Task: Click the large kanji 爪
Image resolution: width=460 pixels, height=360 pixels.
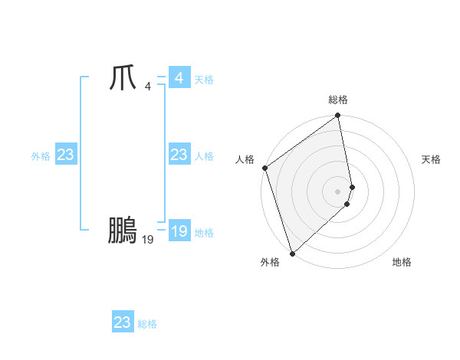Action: pos(122,78)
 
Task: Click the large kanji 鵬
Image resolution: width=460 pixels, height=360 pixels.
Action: pos(122,230)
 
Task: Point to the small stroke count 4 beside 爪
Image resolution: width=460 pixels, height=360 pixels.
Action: pos(147,87)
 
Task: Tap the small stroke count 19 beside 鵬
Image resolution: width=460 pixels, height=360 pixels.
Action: pos(147,240)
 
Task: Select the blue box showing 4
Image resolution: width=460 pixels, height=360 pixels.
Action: pos(179,78)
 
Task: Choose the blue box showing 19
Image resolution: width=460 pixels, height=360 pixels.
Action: pos(179,231)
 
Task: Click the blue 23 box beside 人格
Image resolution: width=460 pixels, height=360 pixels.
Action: pos(179,155)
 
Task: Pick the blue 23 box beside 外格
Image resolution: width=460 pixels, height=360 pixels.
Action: pos(65,155)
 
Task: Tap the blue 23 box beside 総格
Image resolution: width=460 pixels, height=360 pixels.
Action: pos(122,322)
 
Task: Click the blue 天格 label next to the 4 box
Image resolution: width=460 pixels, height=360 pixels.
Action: pos(204,80)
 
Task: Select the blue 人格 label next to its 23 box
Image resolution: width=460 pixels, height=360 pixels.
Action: pos(204,156)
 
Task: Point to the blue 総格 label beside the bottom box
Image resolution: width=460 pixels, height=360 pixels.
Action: pos(147,324)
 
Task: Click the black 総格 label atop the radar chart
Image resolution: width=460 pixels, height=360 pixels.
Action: pos(338,100)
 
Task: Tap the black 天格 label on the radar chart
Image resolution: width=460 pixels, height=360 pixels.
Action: pos(432,159)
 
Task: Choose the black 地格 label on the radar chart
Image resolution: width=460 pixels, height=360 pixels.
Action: pos(402,262)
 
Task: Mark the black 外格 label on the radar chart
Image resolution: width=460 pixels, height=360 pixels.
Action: pos(270,262)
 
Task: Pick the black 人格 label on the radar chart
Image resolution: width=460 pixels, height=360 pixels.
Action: pos(245,159)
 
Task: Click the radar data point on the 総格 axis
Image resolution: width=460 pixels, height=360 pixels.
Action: pos(338,116)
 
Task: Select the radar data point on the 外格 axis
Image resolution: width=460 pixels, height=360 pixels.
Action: pos(292,253)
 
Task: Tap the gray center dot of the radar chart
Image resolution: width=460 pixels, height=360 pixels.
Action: pos(338,191)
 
